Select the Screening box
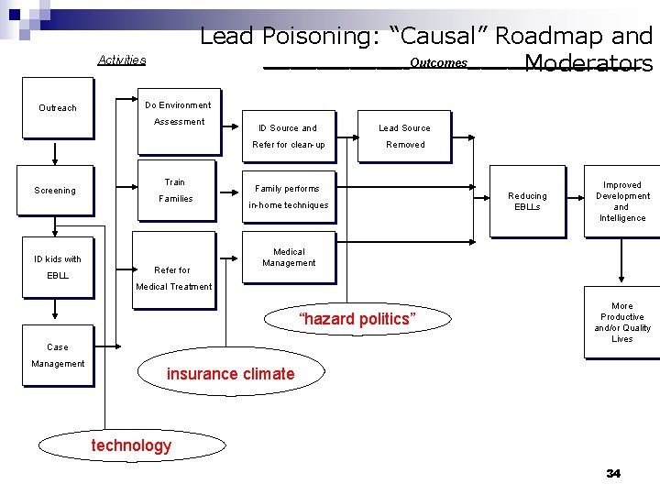pos(56,191)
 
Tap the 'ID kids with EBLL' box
pos(58,268)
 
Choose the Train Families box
pos(175,191)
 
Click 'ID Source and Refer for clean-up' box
pos(288,137)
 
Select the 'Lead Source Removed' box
pos(404,137)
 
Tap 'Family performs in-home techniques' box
pos(288,197)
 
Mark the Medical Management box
pos(289,258)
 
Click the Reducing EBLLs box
pos(527,202)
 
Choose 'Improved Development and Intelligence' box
pos(622,202)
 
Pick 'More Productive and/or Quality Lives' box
pos(622,323)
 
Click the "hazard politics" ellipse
pos(357,319)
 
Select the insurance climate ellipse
pos(230,373)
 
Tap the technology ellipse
pos(131,445)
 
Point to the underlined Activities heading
pos(122,60)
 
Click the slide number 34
pos(613,473)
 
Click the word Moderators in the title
pos(588,63)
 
